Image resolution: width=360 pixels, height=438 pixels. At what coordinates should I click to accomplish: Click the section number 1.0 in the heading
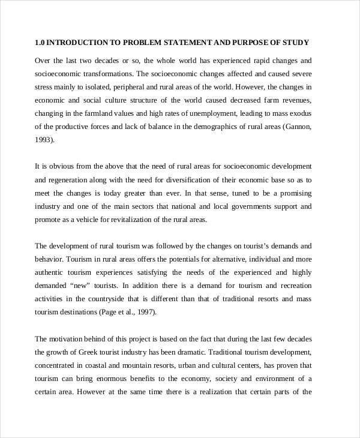point(40,43)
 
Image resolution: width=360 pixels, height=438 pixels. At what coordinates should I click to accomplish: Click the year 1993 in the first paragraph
point(44,139)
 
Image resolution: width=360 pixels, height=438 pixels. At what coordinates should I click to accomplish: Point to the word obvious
point(59,166)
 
